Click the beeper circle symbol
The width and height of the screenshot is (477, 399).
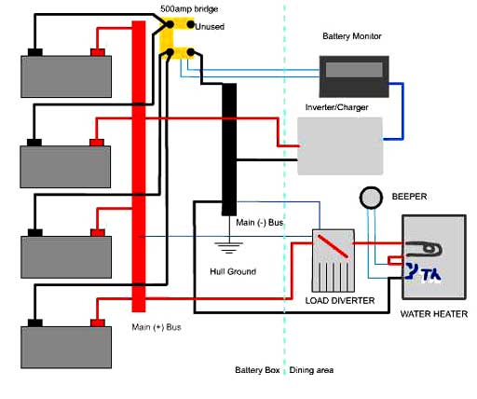[x=371, y=198]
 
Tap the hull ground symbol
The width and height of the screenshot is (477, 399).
[x=229, y=248]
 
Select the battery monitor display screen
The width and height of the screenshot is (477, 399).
[x=354, y=70]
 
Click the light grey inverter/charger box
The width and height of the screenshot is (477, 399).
[x=340, y=146]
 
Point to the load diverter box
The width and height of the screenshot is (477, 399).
[x=334, y=261]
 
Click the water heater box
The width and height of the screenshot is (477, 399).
[x=434, y=257]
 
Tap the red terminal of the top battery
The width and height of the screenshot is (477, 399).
[x=98, y=52]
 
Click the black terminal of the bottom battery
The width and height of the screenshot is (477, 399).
[x=35, y=323]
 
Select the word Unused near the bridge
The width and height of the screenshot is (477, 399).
[x=210, y=27]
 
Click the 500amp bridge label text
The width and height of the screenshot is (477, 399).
[x=189, y=9]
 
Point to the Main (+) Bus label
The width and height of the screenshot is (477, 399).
[x=157, y=327]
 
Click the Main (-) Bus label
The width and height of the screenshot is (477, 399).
[x=260, y=223]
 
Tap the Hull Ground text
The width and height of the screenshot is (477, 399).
[x=233, y=271]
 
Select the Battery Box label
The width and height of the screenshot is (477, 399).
[x=257, y=370]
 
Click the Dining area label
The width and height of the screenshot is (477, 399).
[x=311, y=370]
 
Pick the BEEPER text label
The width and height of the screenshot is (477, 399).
[x=409, y=197]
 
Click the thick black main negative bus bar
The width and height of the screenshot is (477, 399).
[x=229, y=149]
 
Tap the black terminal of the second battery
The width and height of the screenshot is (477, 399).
[x=34, y=143]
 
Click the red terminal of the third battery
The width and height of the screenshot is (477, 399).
[x=98, y=232]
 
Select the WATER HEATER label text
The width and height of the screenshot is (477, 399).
[x=434, y=314]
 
